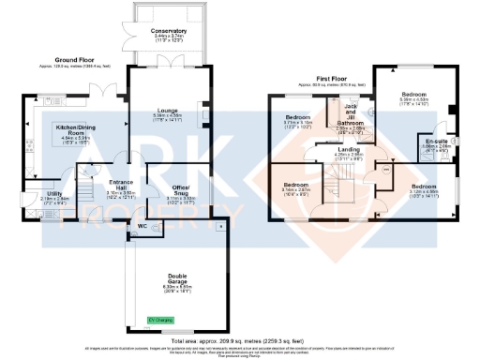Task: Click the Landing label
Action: (349, 150)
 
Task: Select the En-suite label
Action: (436, 142)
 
